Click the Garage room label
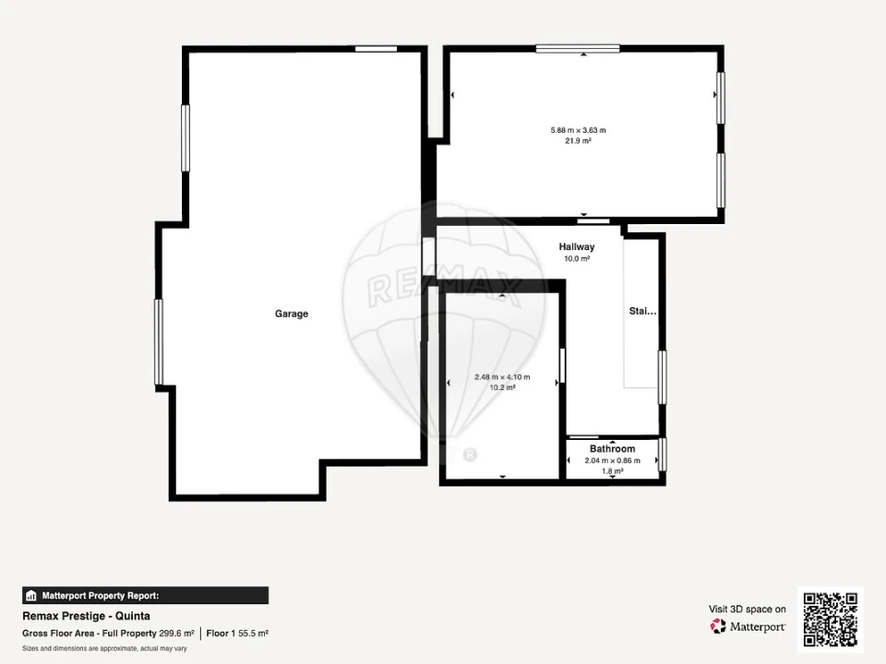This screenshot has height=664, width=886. click(x=292, y=314)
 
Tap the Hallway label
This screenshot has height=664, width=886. click(x=576, y=247)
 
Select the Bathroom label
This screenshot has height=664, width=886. click(x=612, y=449)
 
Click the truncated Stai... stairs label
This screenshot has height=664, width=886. click(x=642, y=311)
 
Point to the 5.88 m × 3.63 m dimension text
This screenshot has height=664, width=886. click(x=578, y=130)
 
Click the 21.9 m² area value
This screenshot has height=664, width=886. click(x=578, y=141)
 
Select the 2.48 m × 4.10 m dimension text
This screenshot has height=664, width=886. click(x=502, y=377)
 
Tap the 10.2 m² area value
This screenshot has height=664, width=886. click(x=502, y=388)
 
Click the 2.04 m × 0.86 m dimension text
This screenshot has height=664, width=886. click(x=613, y=461)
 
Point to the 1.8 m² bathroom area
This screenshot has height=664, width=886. click(x=613, y=471)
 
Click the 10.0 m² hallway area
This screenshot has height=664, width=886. click(x=576, y=259)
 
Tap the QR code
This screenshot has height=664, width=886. click(x=830, y=620)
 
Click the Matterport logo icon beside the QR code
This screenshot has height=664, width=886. click(x=718, y=626)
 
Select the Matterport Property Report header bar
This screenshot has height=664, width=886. click(x=145, y=596)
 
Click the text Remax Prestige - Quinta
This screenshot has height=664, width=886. click(x=86, y=616)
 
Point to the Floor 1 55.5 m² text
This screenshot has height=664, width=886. click(x=237, y=634)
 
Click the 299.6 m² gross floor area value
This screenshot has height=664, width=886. click(x=176, y=634)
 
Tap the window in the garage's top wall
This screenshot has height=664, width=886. click(x=376, y=49)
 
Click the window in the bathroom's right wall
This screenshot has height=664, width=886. click(x=663, y=455)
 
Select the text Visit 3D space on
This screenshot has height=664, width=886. click(x=747, y=610)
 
